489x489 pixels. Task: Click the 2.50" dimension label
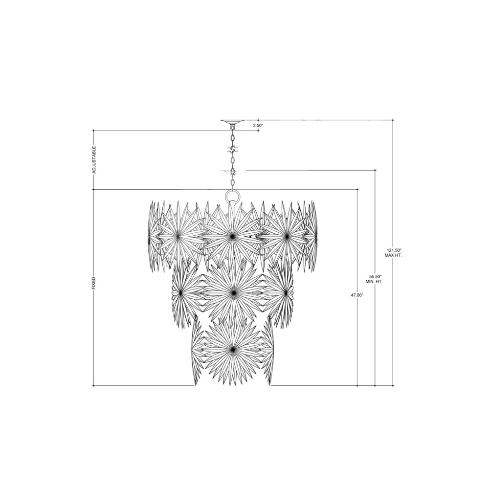click(x=258, y=125)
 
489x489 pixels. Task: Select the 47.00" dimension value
click(x=357, y=295)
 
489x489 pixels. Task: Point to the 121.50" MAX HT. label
click(x=393, y=253)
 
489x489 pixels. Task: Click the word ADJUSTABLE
click(x=94, y=160)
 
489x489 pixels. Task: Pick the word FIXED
click(x=93, y=283)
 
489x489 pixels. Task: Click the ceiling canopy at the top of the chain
click(x=233, y=122)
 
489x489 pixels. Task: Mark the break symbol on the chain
click(x=233, y=149)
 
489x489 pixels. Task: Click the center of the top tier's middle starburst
click(x=232, y=237)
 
